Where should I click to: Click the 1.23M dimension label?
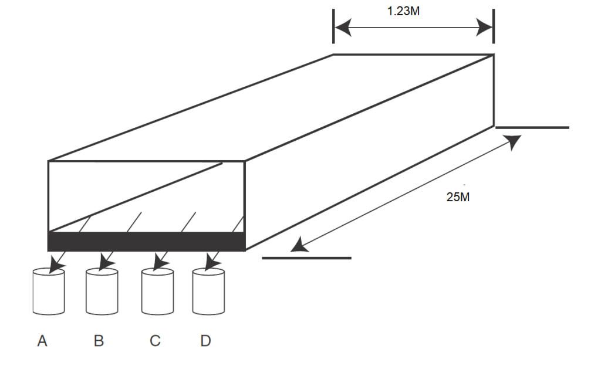pos(404,11)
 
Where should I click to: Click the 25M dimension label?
pos(458,197)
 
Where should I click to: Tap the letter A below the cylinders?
pos(42,341)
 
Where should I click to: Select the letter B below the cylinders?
pos(99,341)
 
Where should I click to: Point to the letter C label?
pos(155,341)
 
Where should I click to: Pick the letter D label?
pos(205,341)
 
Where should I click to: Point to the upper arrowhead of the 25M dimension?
pos(512,141)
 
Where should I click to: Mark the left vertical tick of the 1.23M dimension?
pos(333,26)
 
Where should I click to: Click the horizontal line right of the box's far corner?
pos(532,127)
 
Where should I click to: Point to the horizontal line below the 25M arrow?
pos(306,257)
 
